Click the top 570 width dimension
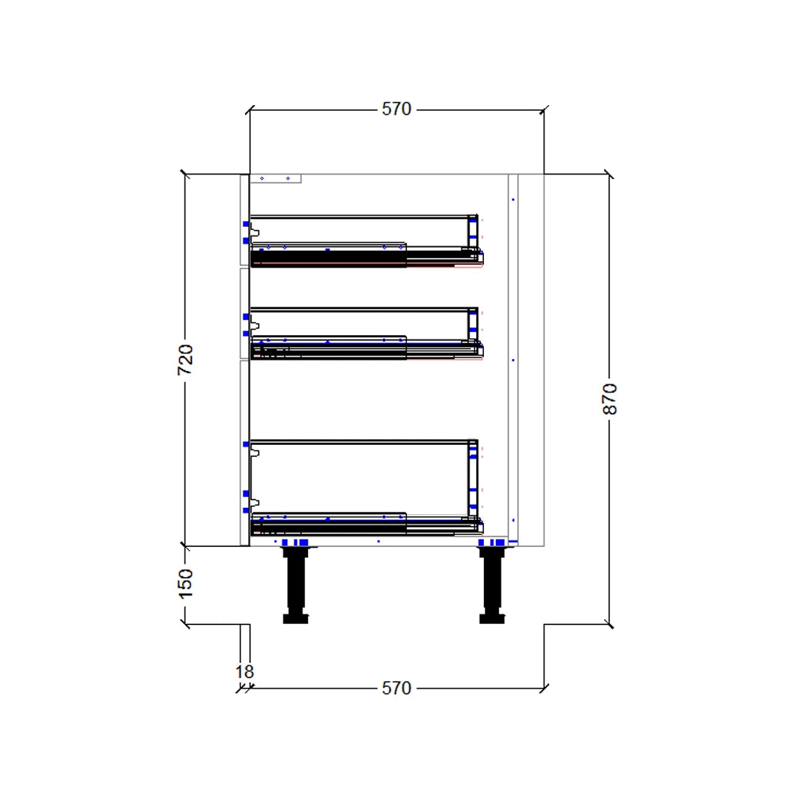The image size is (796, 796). coord(396,109)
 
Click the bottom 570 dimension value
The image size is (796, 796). coord(396,688)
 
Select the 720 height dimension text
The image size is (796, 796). coord(185,360)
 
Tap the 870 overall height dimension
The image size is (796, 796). coord(610,399)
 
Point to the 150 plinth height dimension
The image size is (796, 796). coord(185,583)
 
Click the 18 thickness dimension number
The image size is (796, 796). coord(244,672)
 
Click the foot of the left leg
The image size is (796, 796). coord(295,618)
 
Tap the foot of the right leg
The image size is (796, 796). coord(491,618)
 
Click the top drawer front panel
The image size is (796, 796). coord(244,220)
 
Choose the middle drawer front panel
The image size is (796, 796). coord(244,313)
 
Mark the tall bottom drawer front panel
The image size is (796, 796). coord(244,454)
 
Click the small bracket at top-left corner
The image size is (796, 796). coord(275,179)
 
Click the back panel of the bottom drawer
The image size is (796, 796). coord(473,478)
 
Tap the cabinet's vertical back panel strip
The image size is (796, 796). coord(513,358)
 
